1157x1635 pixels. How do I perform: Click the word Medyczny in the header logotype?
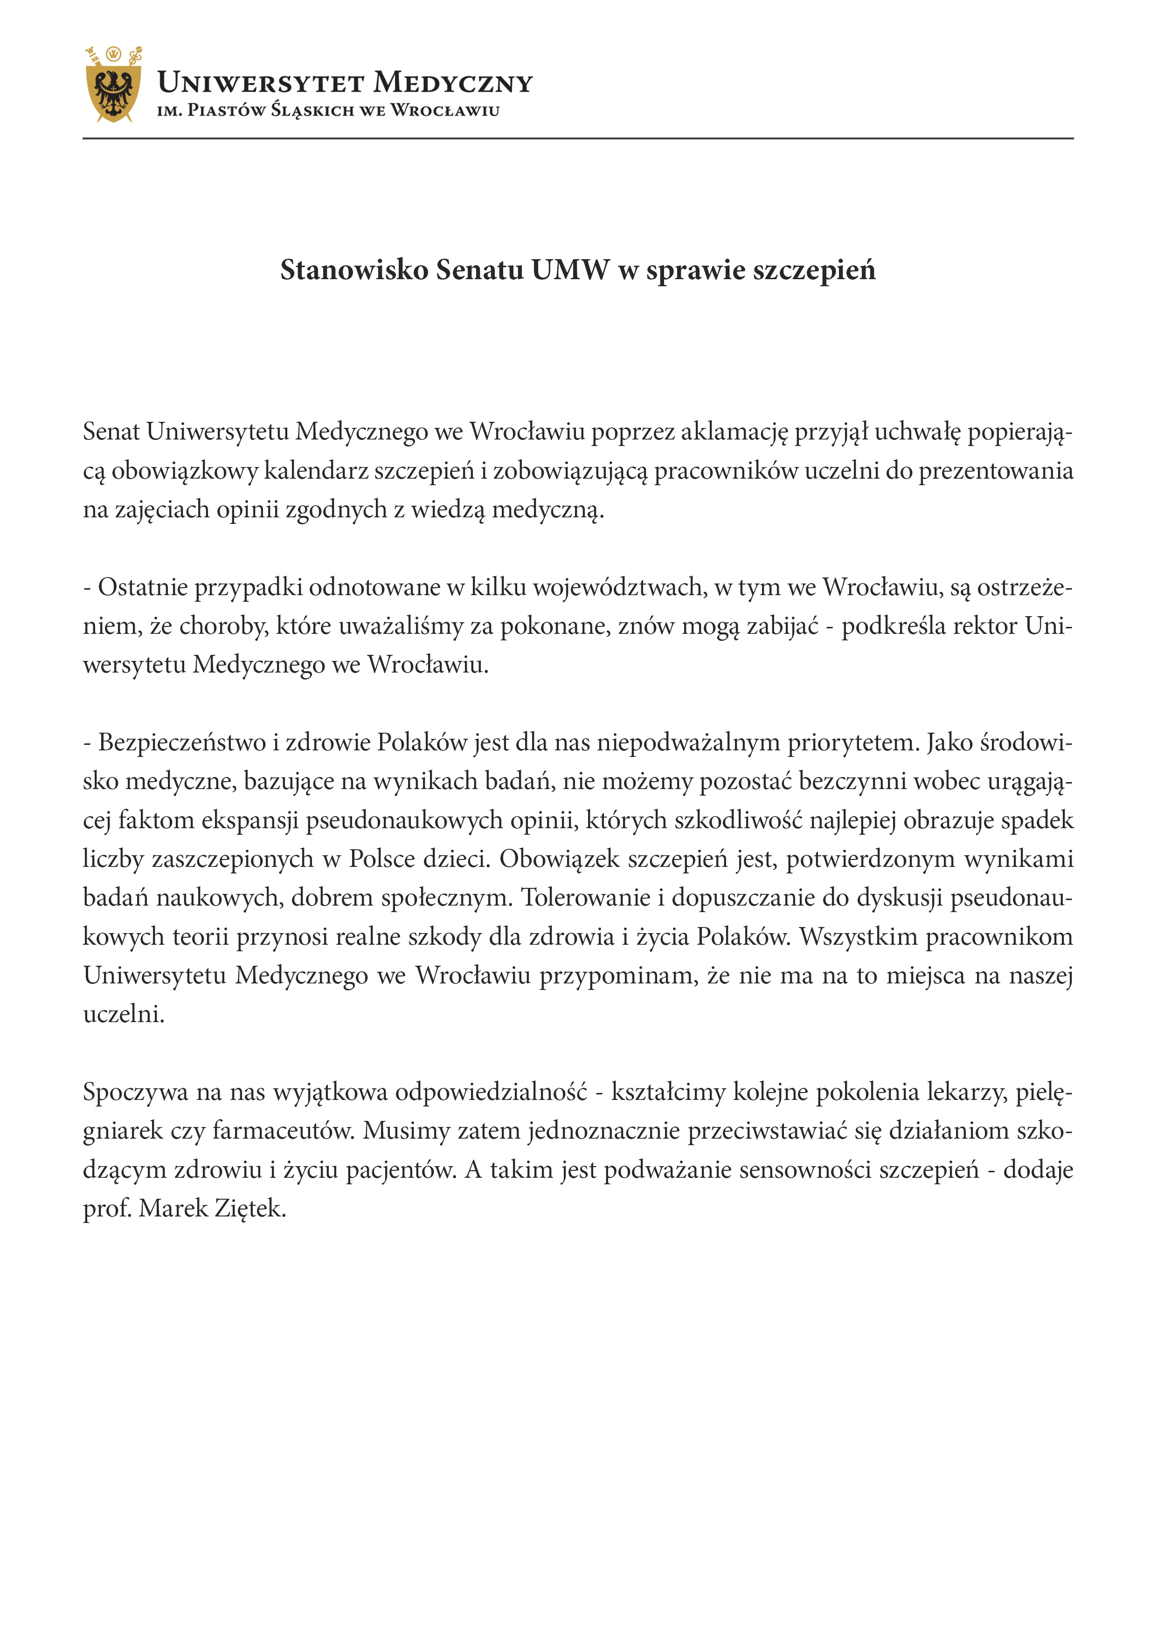[453, 83]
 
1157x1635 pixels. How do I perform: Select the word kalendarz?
[317, 471]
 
